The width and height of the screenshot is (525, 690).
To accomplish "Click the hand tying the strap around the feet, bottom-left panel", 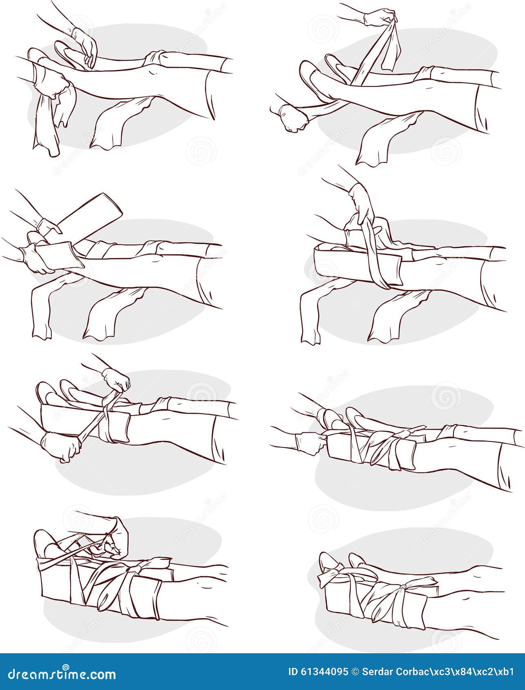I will pos(116,536).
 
